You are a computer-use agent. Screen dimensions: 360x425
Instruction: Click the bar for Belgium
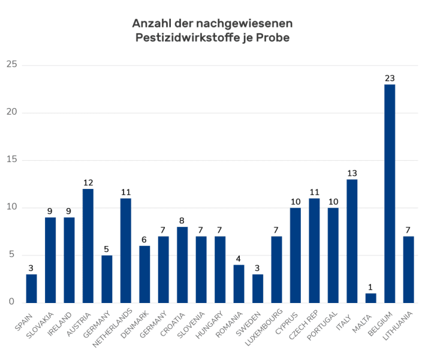390,193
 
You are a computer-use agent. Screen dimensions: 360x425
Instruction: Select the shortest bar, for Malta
370,298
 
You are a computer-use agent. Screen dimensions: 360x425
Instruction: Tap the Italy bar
352,241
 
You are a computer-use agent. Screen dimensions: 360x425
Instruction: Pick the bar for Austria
88,245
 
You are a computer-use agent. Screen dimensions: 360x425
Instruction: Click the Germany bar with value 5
107,278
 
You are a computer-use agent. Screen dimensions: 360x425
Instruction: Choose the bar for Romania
239,283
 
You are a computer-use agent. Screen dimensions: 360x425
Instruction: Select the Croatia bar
182,264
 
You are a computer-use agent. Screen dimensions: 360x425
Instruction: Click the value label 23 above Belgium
390,78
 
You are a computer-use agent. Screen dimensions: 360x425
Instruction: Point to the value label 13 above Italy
352,173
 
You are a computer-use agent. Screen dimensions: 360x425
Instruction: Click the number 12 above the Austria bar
88,182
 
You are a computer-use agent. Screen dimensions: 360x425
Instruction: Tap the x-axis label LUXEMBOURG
266,328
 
